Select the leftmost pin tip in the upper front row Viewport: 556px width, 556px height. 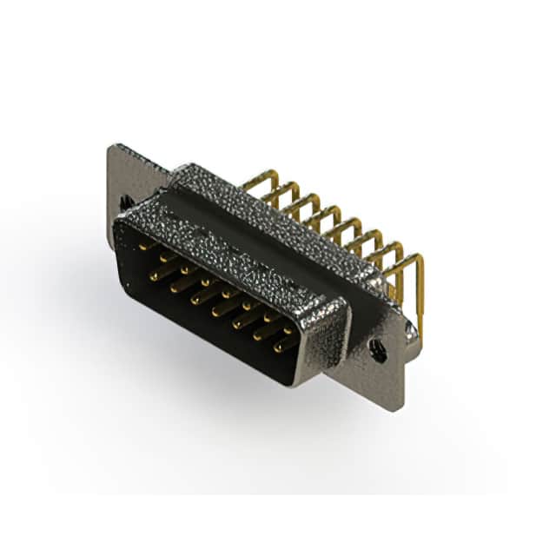pyautogui.click(x=142, y=247)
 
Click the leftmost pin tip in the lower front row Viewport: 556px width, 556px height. pyautogui.click(x=155, y=276)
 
